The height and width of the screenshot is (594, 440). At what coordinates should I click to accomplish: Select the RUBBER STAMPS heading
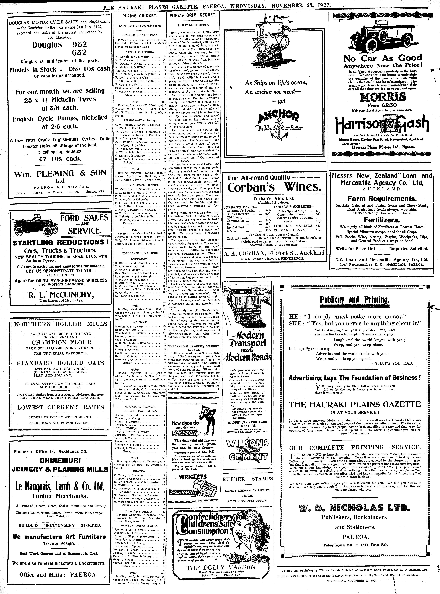pyautogui.click(x=247, y=479)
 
